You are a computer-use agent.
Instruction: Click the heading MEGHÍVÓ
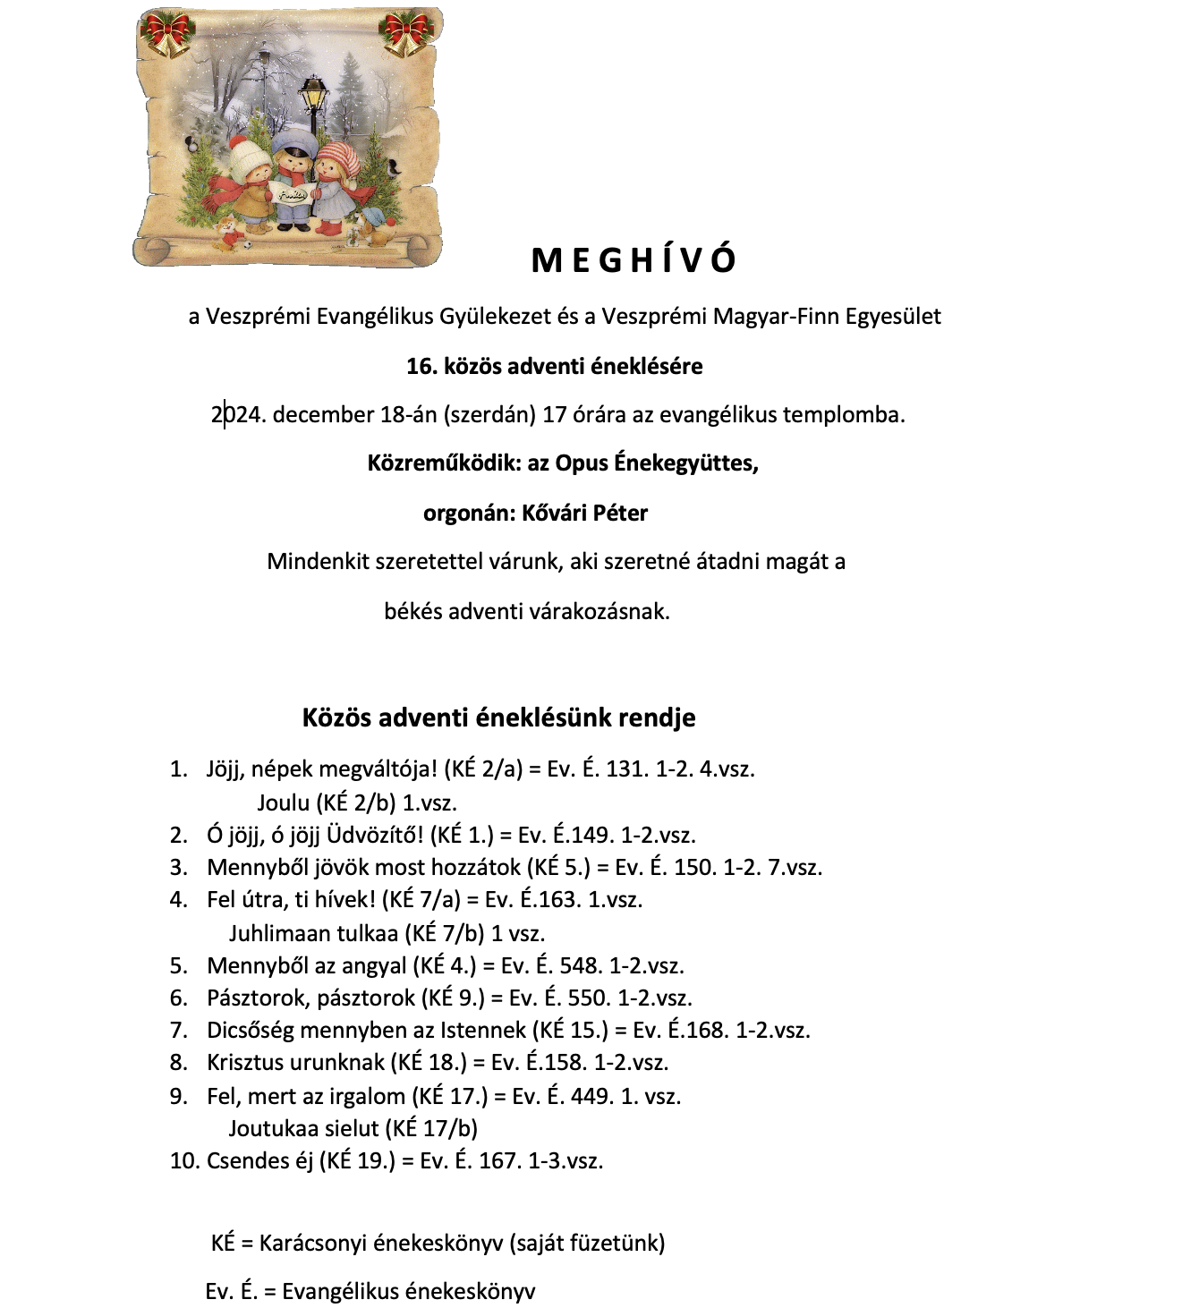[634, 260]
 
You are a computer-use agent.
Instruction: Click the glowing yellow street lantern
[313, 92]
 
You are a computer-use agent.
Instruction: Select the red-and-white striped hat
[340, 157]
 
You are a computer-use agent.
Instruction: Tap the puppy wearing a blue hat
[371, 225]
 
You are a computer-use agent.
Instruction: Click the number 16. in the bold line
[421, 366]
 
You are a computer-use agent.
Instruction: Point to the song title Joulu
[283, 803]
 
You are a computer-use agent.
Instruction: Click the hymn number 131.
[626, 769]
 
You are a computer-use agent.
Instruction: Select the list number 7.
[179, 1031]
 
